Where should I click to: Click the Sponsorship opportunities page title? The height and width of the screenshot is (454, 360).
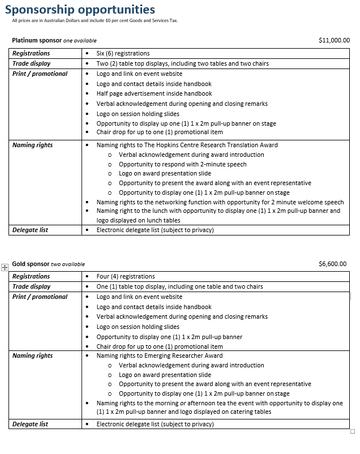(80, 10)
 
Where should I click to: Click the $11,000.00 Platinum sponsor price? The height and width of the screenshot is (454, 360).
(334, 41)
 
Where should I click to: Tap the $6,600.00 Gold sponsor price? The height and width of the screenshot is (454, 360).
(333, 264)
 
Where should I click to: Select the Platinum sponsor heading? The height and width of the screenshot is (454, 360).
(37, 41)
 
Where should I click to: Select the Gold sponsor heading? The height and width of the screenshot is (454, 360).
(31, 264)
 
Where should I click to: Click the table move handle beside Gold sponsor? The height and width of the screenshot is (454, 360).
(5, 267)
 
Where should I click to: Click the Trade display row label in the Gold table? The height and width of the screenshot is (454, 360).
(31, 286)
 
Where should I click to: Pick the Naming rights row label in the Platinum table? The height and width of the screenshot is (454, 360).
(32, 145)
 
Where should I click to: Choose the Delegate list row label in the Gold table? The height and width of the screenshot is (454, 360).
(30, 424)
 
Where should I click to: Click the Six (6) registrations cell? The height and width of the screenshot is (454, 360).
(123, 53)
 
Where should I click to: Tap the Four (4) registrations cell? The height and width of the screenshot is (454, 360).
(125, 276)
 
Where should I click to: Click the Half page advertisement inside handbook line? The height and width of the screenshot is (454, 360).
(154, 93)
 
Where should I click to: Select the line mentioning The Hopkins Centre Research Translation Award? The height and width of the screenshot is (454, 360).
(187, 145)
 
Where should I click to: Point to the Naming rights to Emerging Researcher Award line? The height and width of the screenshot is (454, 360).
(159, 356)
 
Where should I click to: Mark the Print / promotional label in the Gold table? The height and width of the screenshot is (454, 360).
(40, 297)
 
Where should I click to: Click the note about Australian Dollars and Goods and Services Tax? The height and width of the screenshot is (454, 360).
(95, 20)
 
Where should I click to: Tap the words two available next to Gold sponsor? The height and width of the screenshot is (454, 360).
(68, 264)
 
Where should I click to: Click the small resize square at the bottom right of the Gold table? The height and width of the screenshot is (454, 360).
(353, 431)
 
